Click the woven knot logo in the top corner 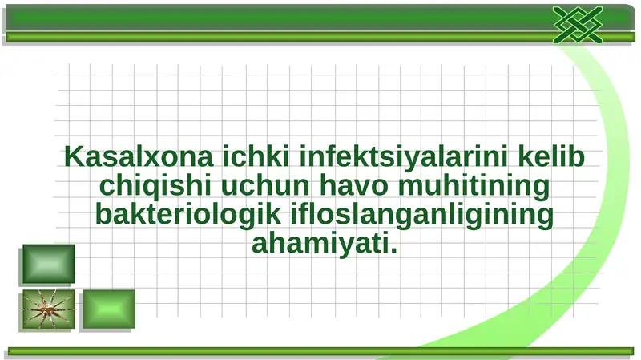click(x=577, y=24)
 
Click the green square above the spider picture click(x=48, y=264)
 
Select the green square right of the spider click(x=109, y=309)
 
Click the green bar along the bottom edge click(x=320, y=350)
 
